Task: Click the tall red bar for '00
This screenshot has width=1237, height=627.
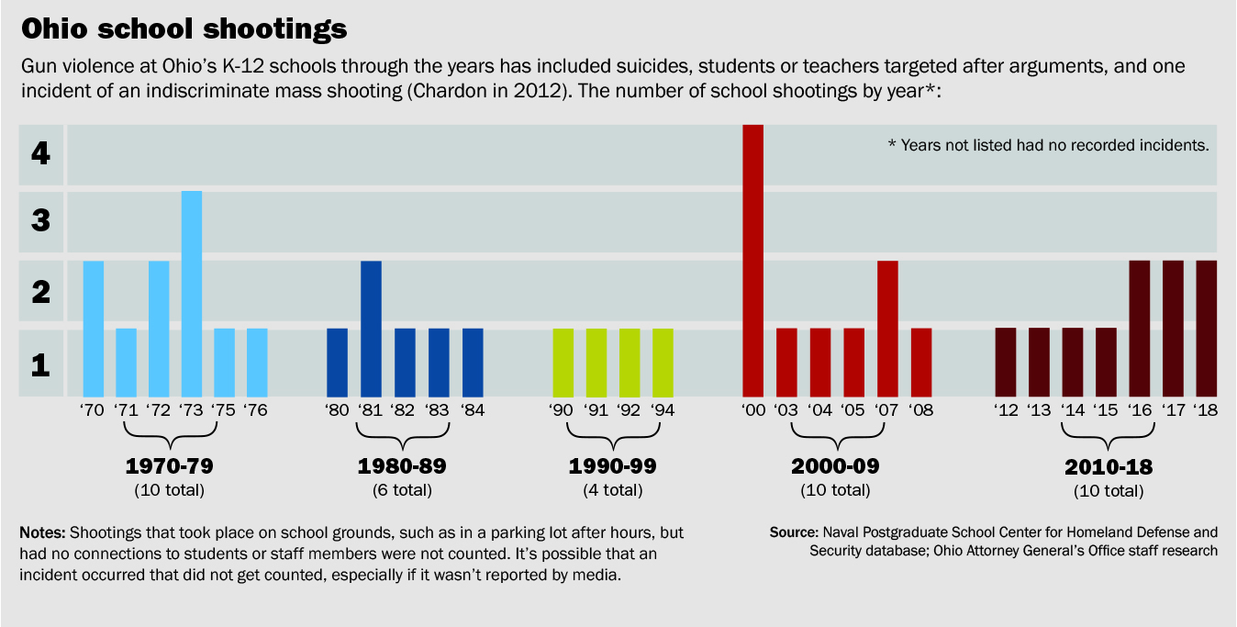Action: [x=752, y=260]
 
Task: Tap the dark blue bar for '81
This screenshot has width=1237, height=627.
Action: [x=371, y=329]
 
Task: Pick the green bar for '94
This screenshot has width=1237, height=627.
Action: [x=663, y=362]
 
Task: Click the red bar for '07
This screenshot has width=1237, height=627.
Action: [x=887, y=329]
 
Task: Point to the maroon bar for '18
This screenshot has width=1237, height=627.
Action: [x=1207, y=329]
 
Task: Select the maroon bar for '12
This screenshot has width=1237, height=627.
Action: [x=1006, y=362]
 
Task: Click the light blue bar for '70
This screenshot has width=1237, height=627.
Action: [x=94, y=329]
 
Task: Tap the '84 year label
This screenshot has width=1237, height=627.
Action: [x=473, y=410]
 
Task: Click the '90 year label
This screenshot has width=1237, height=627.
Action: [x=563, y=410]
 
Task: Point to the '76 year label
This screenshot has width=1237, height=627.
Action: [x=257, y=410]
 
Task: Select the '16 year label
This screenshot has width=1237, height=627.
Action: [x=1140, y=410]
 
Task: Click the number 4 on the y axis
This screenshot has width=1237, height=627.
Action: [x=39, y=153]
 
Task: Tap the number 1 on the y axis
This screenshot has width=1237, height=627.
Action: [x=39, y=365]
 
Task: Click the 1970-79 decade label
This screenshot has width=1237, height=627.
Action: [x=169, y=465]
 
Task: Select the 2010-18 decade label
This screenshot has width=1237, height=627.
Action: [x=1109, y=466]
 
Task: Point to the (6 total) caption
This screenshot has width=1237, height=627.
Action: [x=402, y=490]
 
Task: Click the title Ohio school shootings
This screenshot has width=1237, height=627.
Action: [x=184, y=29]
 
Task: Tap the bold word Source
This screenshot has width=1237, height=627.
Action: [x=793, y=532]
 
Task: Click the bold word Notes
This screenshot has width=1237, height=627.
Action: [x=42, y=533]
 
